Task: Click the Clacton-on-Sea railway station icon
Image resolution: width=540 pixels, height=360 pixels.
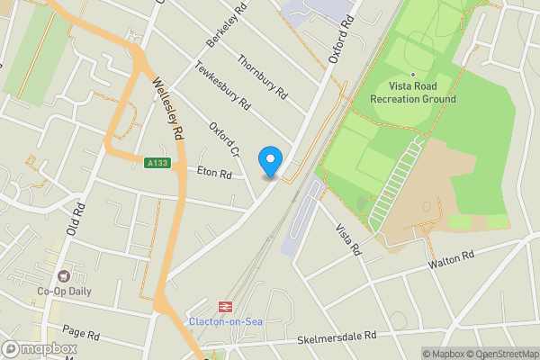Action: tap(226, 307)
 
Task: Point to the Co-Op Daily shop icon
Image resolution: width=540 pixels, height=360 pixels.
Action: tap(63, 276)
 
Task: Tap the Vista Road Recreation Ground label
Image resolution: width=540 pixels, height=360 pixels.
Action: tap(413, 93)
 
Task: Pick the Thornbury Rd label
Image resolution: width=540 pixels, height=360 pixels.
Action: tap(262, 76)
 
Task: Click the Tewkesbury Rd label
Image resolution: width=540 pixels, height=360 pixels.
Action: tap(222, 85)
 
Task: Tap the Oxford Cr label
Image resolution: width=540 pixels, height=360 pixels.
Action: tap(224, 139)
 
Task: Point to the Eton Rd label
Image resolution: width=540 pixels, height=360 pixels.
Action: tap(215, 171)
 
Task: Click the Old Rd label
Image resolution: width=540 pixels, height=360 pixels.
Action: tap(76, 220)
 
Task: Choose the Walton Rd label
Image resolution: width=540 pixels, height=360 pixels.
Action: tap(452, 259)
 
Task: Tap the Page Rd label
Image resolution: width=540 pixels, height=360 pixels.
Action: tap(81, 334)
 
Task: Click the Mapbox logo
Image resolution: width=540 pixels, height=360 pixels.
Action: tap(39, 349)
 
